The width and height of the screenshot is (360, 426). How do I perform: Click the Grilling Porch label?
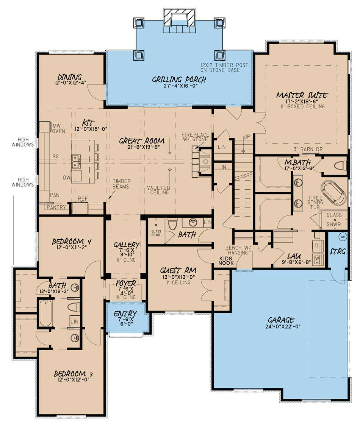(179, 80)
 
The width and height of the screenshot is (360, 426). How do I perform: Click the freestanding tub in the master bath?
(333, 192)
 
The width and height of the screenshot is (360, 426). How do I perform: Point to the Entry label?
(125, 314)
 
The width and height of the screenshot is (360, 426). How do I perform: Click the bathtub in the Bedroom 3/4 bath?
(45, 312)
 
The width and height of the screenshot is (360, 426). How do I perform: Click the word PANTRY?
(56, 207)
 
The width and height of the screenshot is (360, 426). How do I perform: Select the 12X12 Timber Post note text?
(225, 65)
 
